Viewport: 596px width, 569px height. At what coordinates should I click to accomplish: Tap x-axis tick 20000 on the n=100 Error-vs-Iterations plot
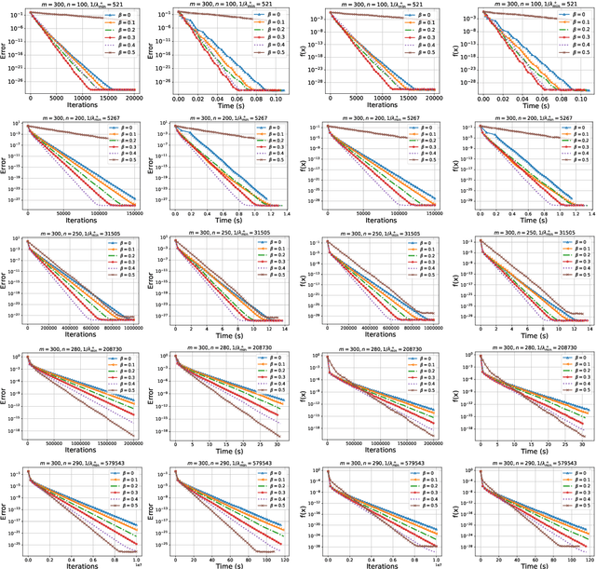click(x=135, y=98)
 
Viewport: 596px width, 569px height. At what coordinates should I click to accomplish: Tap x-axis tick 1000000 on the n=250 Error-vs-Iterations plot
click(x=132, y=328)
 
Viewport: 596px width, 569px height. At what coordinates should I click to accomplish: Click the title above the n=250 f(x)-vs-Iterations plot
click(x=384, y=234)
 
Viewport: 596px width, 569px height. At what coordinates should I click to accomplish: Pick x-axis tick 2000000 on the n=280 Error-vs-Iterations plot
click(x=131, y=444)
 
